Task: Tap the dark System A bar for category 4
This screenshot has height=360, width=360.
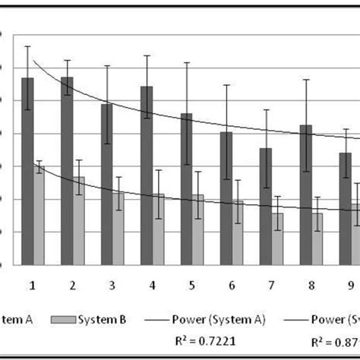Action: click(147, 175)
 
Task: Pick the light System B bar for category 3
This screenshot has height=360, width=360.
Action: click(118, 228)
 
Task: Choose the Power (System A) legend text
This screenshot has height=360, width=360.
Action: click(227, 319)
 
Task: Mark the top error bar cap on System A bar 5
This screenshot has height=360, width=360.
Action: click(187, 62)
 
